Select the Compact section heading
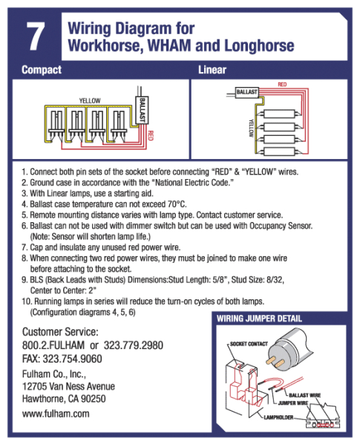tap(42, 71)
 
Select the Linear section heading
tap(212, 71)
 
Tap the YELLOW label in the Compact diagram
tap(90, 99)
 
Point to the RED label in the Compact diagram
tap(151, 136)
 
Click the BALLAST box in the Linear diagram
tap(246, 92)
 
